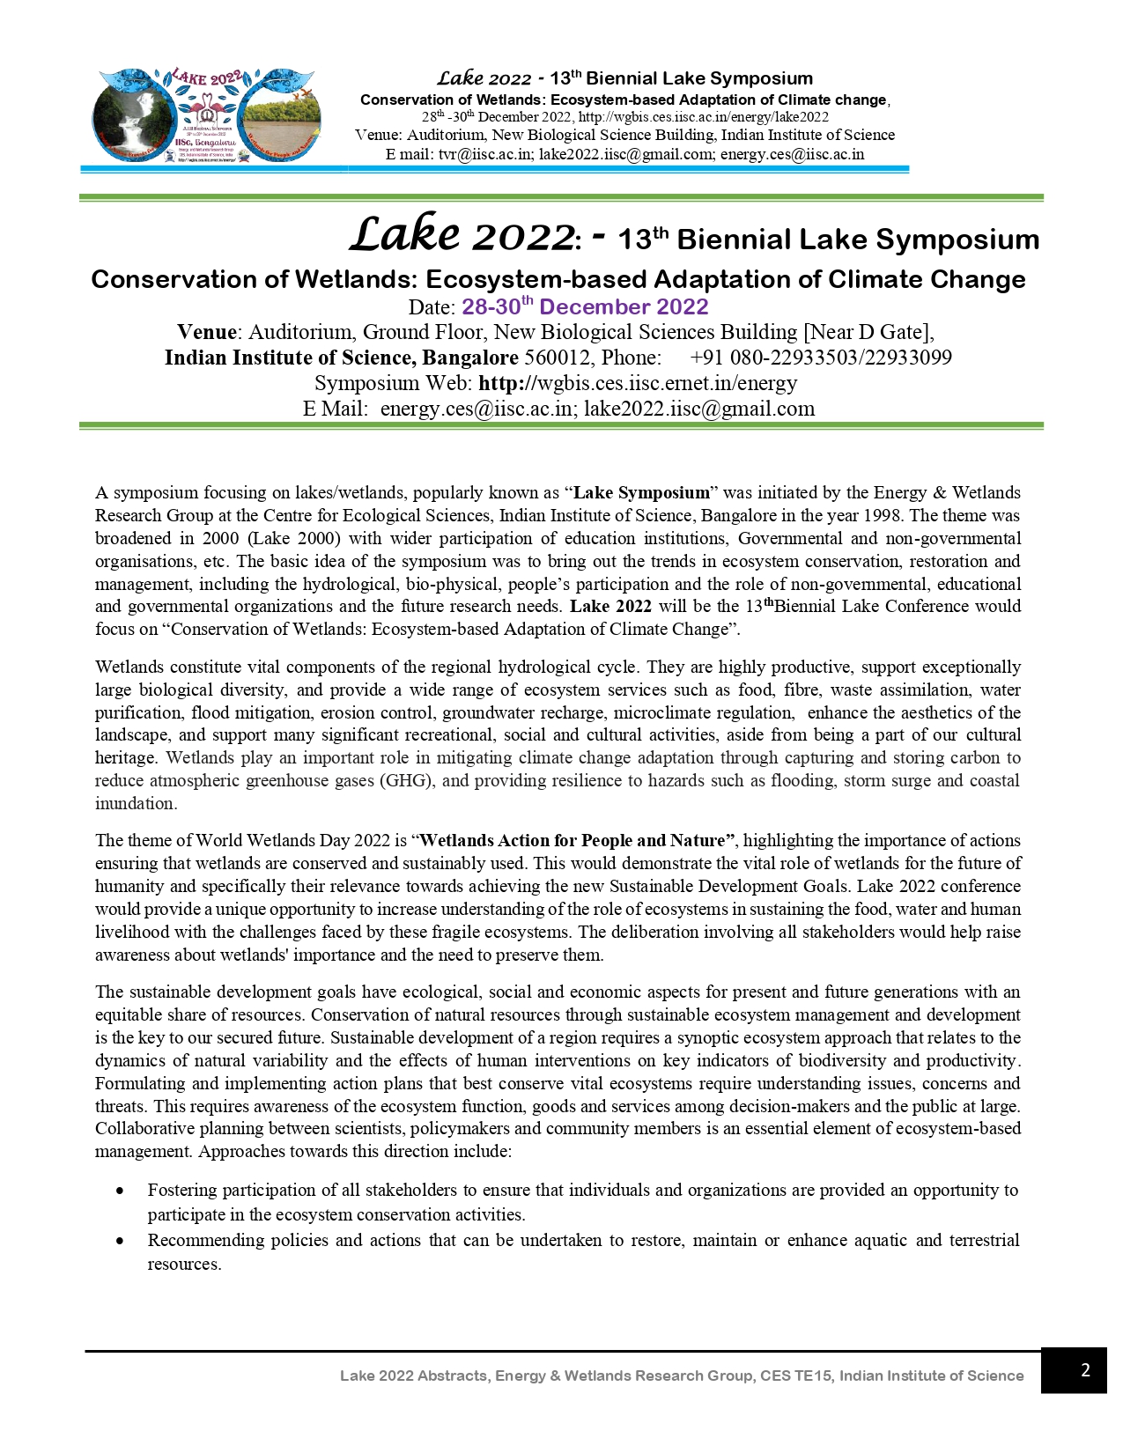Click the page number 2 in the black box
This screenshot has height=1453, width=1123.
(x=1084, y=1370)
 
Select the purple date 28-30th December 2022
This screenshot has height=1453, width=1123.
(x=585, y=306)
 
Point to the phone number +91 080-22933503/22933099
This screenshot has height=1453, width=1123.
(x=821, y=358)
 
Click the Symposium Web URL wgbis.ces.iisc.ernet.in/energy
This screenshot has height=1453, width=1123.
(x=638, y=383)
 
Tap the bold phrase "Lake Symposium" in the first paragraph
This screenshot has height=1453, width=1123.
(x=641, y=492)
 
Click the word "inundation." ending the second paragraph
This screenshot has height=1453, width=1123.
(x=137, y=803)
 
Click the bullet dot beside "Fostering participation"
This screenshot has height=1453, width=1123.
(x=120, y=1191)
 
